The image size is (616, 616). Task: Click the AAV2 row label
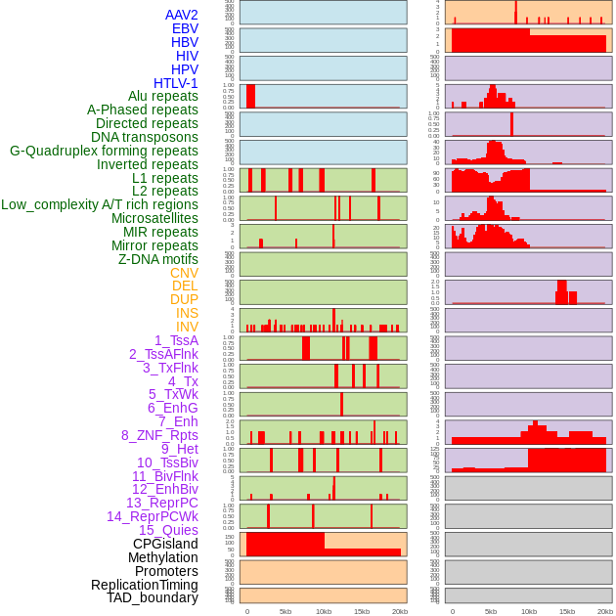182,15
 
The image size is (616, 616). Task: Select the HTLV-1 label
176,83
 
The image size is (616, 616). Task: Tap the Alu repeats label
163,96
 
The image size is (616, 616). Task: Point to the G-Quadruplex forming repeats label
104,151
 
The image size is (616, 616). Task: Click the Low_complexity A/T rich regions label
100,204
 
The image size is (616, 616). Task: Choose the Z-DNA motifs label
158,259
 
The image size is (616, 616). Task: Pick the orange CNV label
184,273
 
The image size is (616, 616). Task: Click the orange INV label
187,327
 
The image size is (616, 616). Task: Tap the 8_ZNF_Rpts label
159,435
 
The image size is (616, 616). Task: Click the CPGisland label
165,544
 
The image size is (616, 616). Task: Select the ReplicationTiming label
145,585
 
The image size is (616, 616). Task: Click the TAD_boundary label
153,597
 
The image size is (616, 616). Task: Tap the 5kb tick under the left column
286,611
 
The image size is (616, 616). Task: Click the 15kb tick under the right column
567,611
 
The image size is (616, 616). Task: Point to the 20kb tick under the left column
400,611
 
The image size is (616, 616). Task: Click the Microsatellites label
154,218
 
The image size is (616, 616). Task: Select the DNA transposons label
145,137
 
